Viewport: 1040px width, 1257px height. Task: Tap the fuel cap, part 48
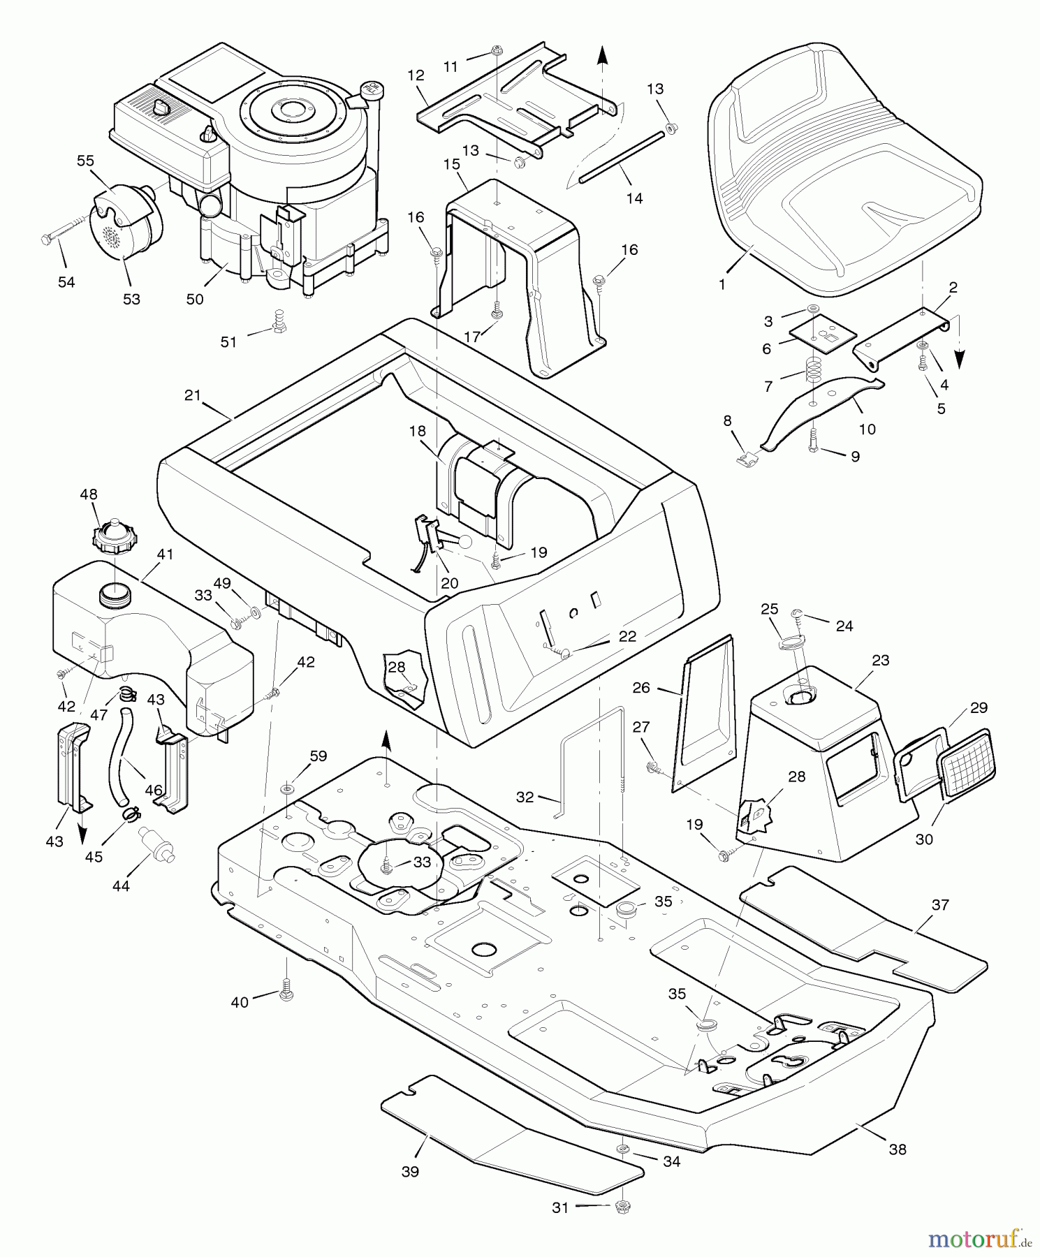click(114, 536)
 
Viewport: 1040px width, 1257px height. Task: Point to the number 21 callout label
click(193, 395)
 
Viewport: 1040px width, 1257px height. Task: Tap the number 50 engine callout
click(195, 299)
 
